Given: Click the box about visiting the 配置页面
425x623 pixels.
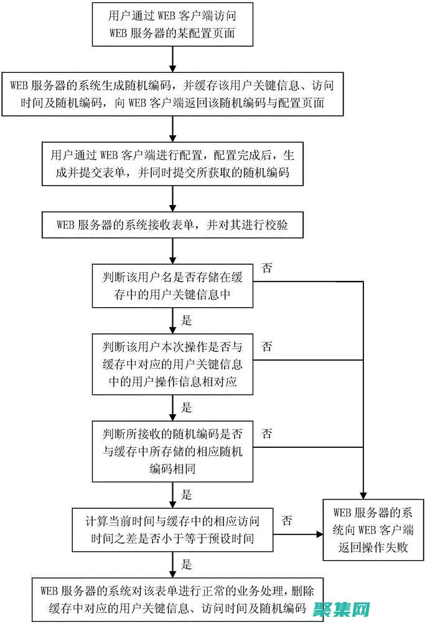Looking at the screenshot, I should (x=172, y=24).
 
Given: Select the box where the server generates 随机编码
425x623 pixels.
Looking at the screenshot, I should (x=172, y=93).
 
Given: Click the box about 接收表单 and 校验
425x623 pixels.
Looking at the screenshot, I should (x=172, y=226).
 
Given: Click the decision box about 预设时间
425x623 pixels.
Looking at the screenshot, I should (x=172, y=528).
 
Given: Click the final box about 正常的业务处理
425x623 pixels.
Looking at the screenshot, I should (x=172, y=597).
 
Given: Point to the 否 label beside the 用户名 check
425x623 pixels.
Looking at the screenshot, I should (x=266, y=269).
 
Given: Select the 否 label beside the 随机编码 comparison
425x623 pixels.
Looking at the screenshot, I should (x=266, y=433).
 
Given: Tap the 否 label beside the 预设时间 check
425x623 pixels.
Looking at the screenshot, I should (x=287, y=519).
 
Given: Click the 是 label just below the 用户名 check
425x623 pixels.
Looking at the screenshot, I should (x=186, y=321).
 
